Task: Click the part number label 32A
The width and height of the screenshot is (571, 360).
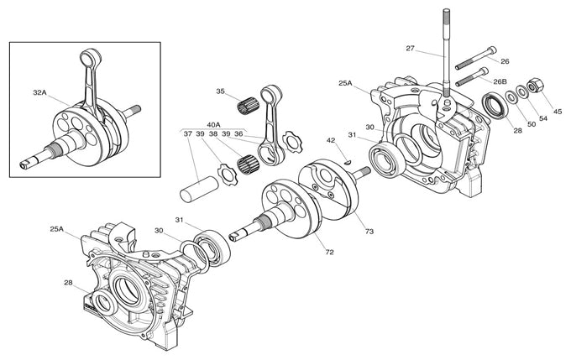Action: [39, 92]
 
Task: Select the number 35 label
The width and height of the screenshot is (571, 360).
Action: [220, 91]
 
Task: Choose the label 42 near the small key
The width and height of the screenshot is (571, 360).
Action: [331, 140]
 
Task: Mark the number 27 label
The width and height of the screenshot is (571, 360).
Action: [410, 49]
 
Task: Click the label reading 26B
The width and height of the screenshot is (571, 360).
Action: [500, 82]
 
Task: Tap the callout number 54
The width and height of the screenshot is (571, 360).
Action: [542, 119]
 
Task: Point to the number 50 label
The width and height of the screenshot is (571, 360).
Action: [530, 124]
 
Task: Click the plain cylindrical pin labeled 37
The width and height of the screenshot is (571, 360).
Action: [199, 184]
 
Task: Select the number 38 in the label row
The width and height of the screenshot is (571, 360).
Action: [213, 133]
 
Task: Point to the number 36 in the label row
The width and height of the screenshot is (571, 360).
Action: [238, 133]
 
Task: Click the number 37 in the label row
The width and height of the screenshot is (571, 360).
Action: [188, 133]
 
